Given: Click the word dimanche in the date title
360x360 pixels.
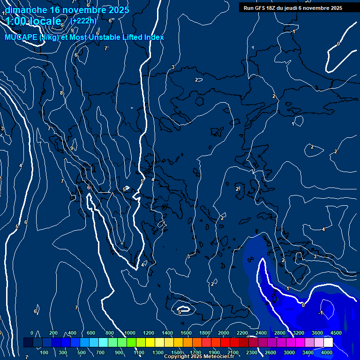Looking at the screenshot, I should (x=26, y=9).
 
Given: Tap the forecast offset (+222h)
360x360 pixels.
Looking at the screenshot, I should (x=83, y=21).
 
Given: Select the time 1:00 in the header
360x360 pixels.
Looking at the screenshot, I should (x=15, y=21).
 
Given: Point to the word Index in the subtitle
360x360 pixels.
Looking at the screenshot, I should (x=154, y=37).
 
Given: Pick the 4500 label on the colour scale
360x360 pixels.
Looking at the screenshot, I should (x=336, y=333).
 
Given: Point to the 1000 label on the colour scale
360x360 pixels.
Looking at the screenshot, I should (x=130, y=333).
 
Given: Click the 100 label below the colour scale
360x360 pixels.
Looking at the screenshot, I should (x=44, y=352).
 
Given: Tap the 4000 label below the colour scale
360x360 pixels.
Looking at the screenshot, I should (x=327, y=352).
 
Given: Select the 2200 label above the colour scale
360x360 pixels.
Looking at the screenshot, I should (x=242, y=333).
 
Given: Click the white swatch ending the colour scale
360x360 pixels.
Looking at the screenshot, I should (x=328, y=343).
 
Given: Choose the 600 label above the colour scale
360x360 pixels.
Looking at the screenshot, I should (x=91, y=333).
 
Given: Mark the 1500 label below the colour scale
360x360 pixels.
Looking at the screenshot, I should (x=177, y=352).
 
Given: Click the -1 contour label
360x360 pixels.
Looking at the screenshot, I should (x=321, y=313).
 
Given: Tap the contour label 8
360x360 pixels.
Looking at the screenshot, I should (x=61, y=93).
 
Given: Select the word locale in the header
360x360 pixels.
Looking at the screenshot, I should (x=45, y=21).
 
